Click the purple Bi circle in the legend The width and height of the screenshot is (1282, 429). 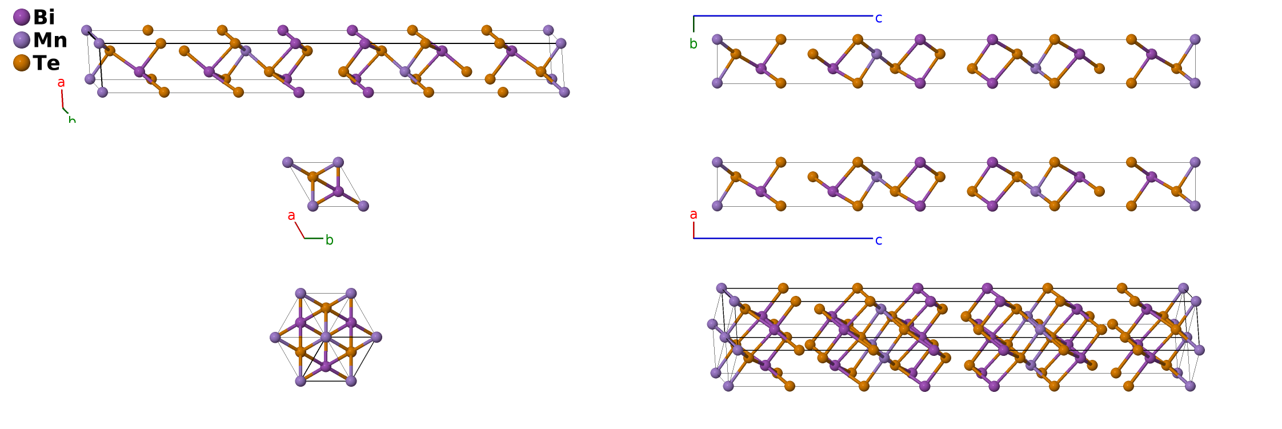point(21,17)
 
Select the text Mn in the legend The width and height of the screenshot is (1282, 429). point(50,40)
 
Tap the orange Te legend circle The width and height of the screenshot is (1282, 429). point(21,63)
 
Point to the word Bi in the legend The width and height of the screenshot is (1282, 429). point(44,17)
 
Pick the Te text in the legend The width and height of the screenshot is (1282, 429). point(46,63)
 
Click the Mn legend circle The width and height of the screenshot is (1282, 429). point(21,40)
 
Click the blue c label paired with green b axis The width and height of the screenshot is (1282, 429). point(879,18)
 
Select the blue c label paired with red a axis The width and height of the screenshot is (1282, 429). point(879,240)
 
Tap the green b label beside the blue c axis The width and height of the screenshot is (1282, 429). point(694,44)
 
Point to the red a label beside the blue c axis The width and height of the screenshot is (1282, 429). point(694,214)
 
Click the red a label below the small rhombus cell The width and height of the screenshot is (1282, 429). point(291,215)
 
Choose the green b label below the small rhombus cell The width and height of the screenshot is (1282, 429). point(330,240)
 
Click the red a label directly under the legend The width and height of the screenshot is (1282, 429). point(61,83)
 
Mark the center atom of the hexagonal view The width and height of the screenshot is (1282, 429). point(326,338)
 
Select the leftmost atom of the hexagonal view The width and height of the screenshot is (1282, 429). point(275,338)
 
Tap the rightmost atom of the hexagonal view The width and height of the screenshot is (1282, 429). point(376,338)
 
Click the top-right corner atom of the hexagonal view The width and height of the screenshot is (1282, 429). point(351,294)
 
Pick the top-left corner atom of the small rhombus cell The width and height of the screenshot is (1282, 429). point(288,163)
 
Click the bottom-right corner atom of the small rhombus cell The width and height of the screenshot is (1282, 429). point(363,206)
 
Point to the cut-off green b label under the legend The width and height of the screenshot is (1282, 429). point(72,119)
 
